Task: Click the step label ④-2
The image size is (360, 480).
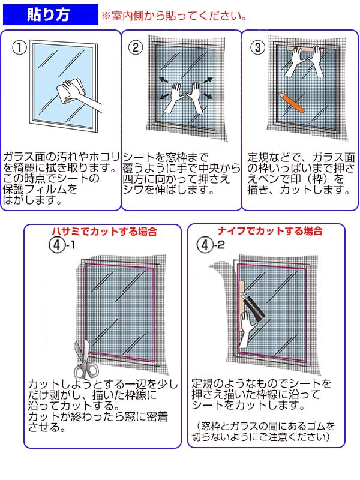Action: click(x=211, y=245)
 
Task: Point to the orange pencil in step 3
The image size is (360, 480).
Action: click(x=292, y=102)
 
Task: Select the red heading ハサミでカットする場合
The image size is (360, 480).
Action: click(x=106, y=231)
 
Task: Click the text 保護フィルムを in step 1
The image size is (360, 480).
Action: click(x=41, y=189)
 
